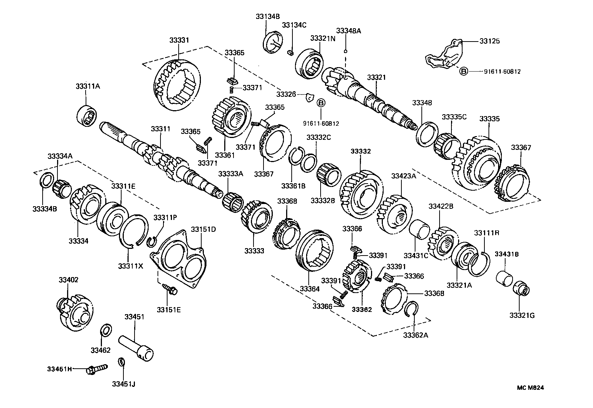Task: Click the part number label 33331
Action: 179,40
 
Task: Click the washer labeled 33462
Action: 106,330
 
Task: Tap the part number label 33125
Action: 489,41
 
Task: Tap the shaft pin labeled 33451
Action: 136,346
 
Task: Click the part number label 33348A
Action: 348,31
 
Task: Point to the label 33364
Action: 309,289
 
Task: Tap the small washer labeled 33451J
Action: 121,361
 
